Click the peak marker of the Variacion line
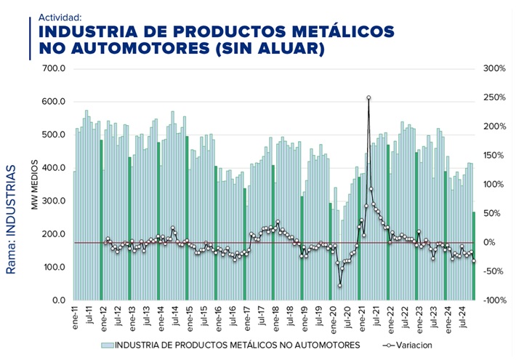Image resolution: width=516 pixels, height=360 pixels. pos(368,97)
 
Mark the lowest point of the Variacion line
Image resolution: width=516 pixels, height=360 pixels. pos(339,285)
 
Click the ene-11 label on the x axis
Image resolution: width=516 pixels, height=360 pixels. pos(75,318)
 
